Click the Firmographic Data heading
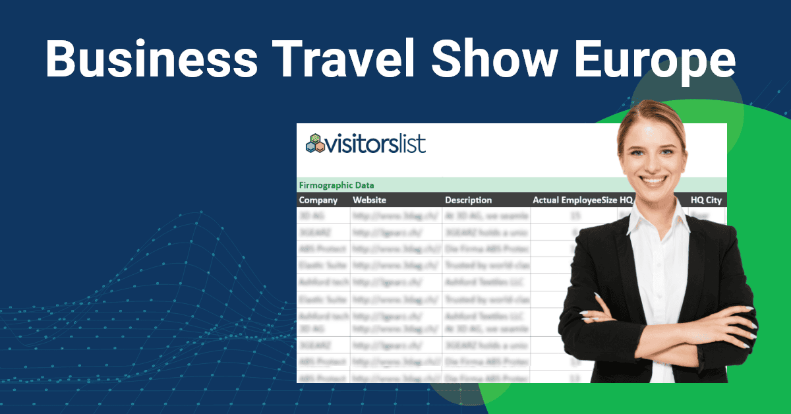[336, 185]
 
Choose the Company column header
[318, 200]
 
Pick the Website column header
[369, 200]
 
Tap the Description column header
[468, 200]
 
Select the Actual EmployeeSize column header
[573, 200]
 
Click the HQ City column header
[706, 200]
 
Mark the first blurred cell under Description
[486, 216]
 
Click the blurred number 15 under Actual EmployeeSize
[575, 216]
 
